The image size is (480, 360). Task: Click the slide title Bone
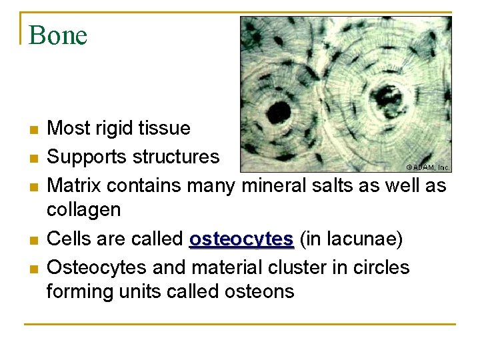(58, 35)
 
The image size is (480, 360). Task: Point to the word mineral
(273, 185)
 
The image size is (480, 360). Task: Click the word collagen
(83, 210)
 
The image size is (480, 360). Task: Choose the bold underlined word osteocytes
(241, 239)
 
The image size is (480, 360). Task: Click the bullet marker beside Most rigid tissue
(33, 129)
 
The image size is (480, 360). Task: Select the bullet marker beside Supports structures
(33, 157)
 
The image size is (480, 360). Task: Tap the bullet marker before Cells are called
(33, 239)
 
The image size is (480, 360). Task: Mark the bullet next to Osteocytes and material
(33, 268)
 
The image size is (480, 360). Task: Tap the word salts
(333, 185)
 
